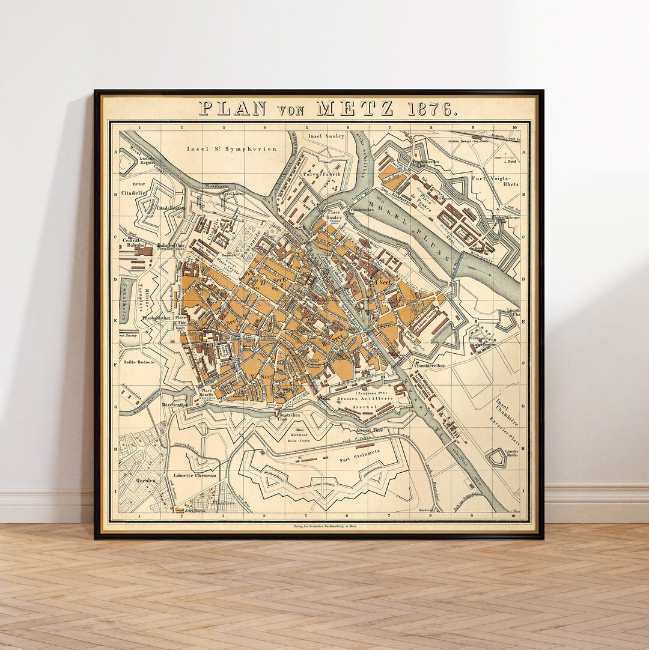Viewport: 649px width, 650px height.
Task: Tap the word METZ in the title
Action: point(355,109)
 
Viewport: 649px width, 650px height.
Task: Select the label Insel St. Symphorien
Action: point(231,148)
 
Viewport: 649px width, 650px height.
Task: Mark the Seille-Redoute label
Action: point(138,362)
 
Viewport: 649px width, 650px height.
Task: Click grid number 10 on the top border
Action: point(514,127)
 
